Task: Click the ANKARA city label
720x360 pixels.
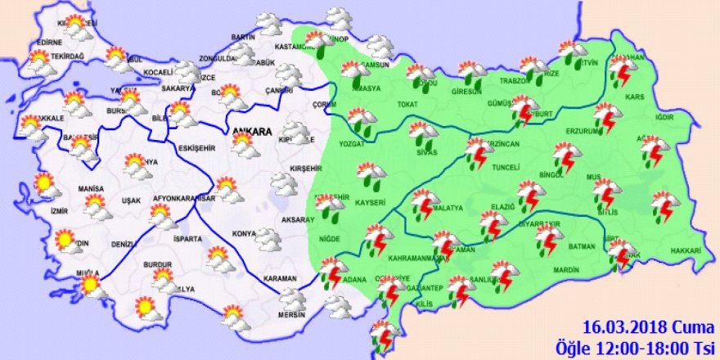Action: [x=250, y=131]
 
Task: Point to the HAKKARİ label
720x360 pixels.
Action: [x=686, y=250]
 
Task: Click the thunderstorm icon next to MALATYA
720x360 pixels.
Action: [x=423, y=204]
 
